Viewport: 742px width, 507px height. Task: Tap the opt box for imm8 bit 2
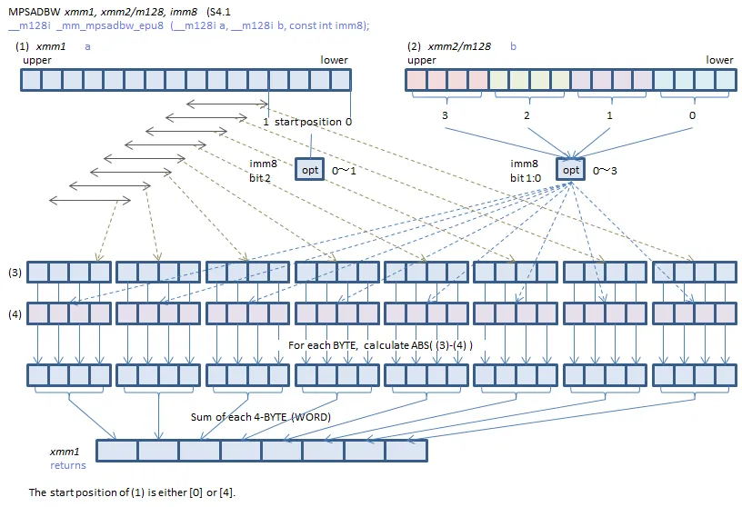click(308, 170)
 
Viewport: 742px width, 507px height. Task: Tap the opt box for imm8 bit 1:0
click(571, 170)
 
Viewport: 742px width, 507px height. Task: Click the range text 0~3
click(605, 170)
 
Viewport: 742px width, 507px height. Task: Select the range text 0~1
click(343, 170)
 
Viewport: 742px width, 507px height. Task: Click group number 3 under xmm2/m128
click(445, 116)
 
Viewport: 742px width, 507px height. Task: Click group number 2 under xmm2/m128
click(526, 116)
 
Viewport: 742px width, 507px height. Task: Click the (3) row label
click(15, 273)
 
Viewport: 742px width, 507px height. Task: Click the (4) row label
click(15, 313)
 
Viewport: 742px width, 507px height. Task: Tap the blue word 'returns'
click(68, 465)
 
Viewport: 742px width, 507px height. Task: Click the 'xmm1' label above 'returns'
click(65, 452)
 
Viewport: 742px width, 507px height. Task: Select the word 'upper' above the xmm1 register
click(36, 60)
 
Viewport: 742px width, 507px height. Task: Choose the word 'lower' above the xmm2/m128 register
click(719, 60)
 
